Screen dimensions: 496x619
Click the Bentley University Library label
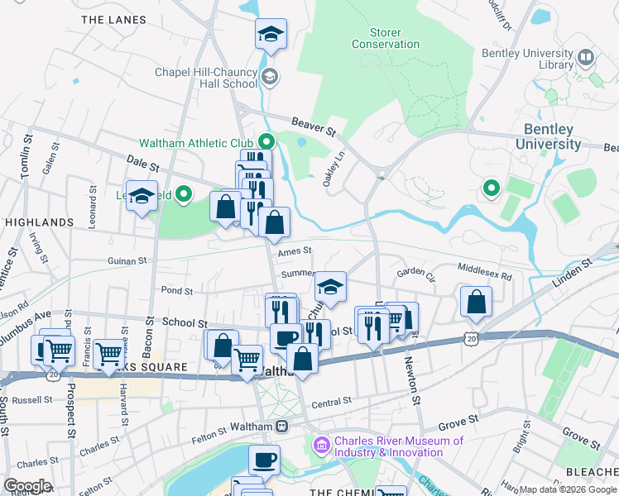pyautogui.click(x=527, y=59)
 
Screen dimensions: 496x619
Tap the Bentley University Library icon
pyautogui.click(x=586, y=57)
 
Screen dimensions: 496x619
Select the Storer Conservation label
pyautogui.click(x=386, y=38)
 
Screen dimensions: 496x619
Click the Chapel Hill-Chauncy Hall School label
pyautogui.click(x=206, y=78)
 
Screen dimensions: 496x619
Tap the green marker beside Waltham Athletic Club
pyautogui.click(x=266, y=141)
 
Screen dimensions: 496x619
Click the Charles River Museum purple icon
pyautogui.click(x=322, y=446)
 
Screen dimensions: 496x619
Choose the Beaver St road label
pyautogui.click(x=318, y=126)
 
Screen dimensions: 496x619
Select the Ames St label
pyautogui.click(x=295, y=251)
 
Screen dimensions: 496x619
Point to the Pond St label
pyautogui.click(x=177, y=291)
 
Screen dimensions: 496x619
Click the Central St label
pyautogui.click(x=332, y=401)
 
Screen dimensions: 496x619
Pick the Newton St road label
pyautogui.click(x=412, y=380)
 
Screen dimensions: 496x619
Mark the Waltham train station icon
pyautogui.click(x=282, y=427)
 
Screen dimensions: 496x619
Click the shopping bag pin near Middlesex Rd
pyautogui.click(x=476, y=302)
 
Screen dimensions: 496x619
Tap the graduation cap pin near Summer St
pyautogui.click(x=330, y=287)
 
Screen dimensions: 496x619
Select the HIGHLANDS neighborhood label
pyautogui.click(x=39, y=222)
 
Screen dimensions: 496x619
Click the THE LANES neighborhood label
pyautogui.click(x=113, y=20)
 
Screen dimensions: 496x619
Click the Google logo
pyautogui.click(x=27, y=486)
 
